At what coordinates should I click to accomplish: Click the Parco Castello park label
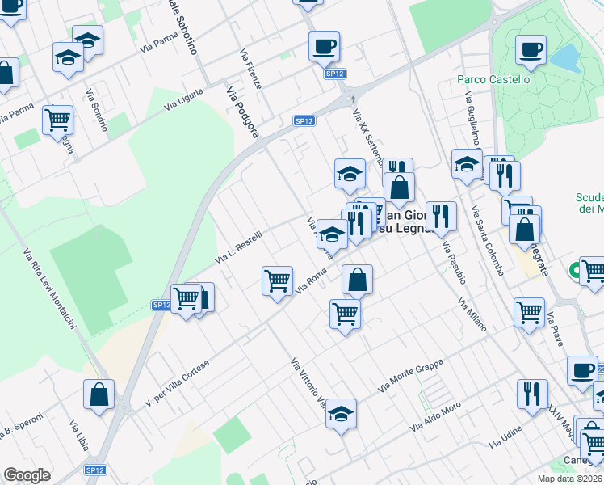pyautogui.click(x=493, y=79)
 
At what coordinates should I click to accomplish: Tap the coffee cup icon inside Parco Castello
pyautogui.click(x=531, y=50)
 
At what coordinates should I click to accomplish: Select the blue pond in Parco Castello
pyautogui.click(x=566, y=57)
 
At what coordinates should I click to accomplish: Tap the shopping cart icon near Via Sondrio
pyautogui.click(x=58, y=120)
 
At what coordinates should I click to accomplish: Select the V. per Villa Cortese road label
pyautogui.click(x=177, y=382)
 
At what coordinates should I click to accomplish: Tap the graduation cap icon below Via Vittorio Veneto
pyautogui.click(x=342, y=414)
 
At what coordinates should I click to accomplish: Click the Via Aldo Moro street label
pyautogui.click(x=435, y=416)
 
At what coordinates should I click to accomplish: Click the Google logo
pyautogui.click(x=27, y=475)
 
